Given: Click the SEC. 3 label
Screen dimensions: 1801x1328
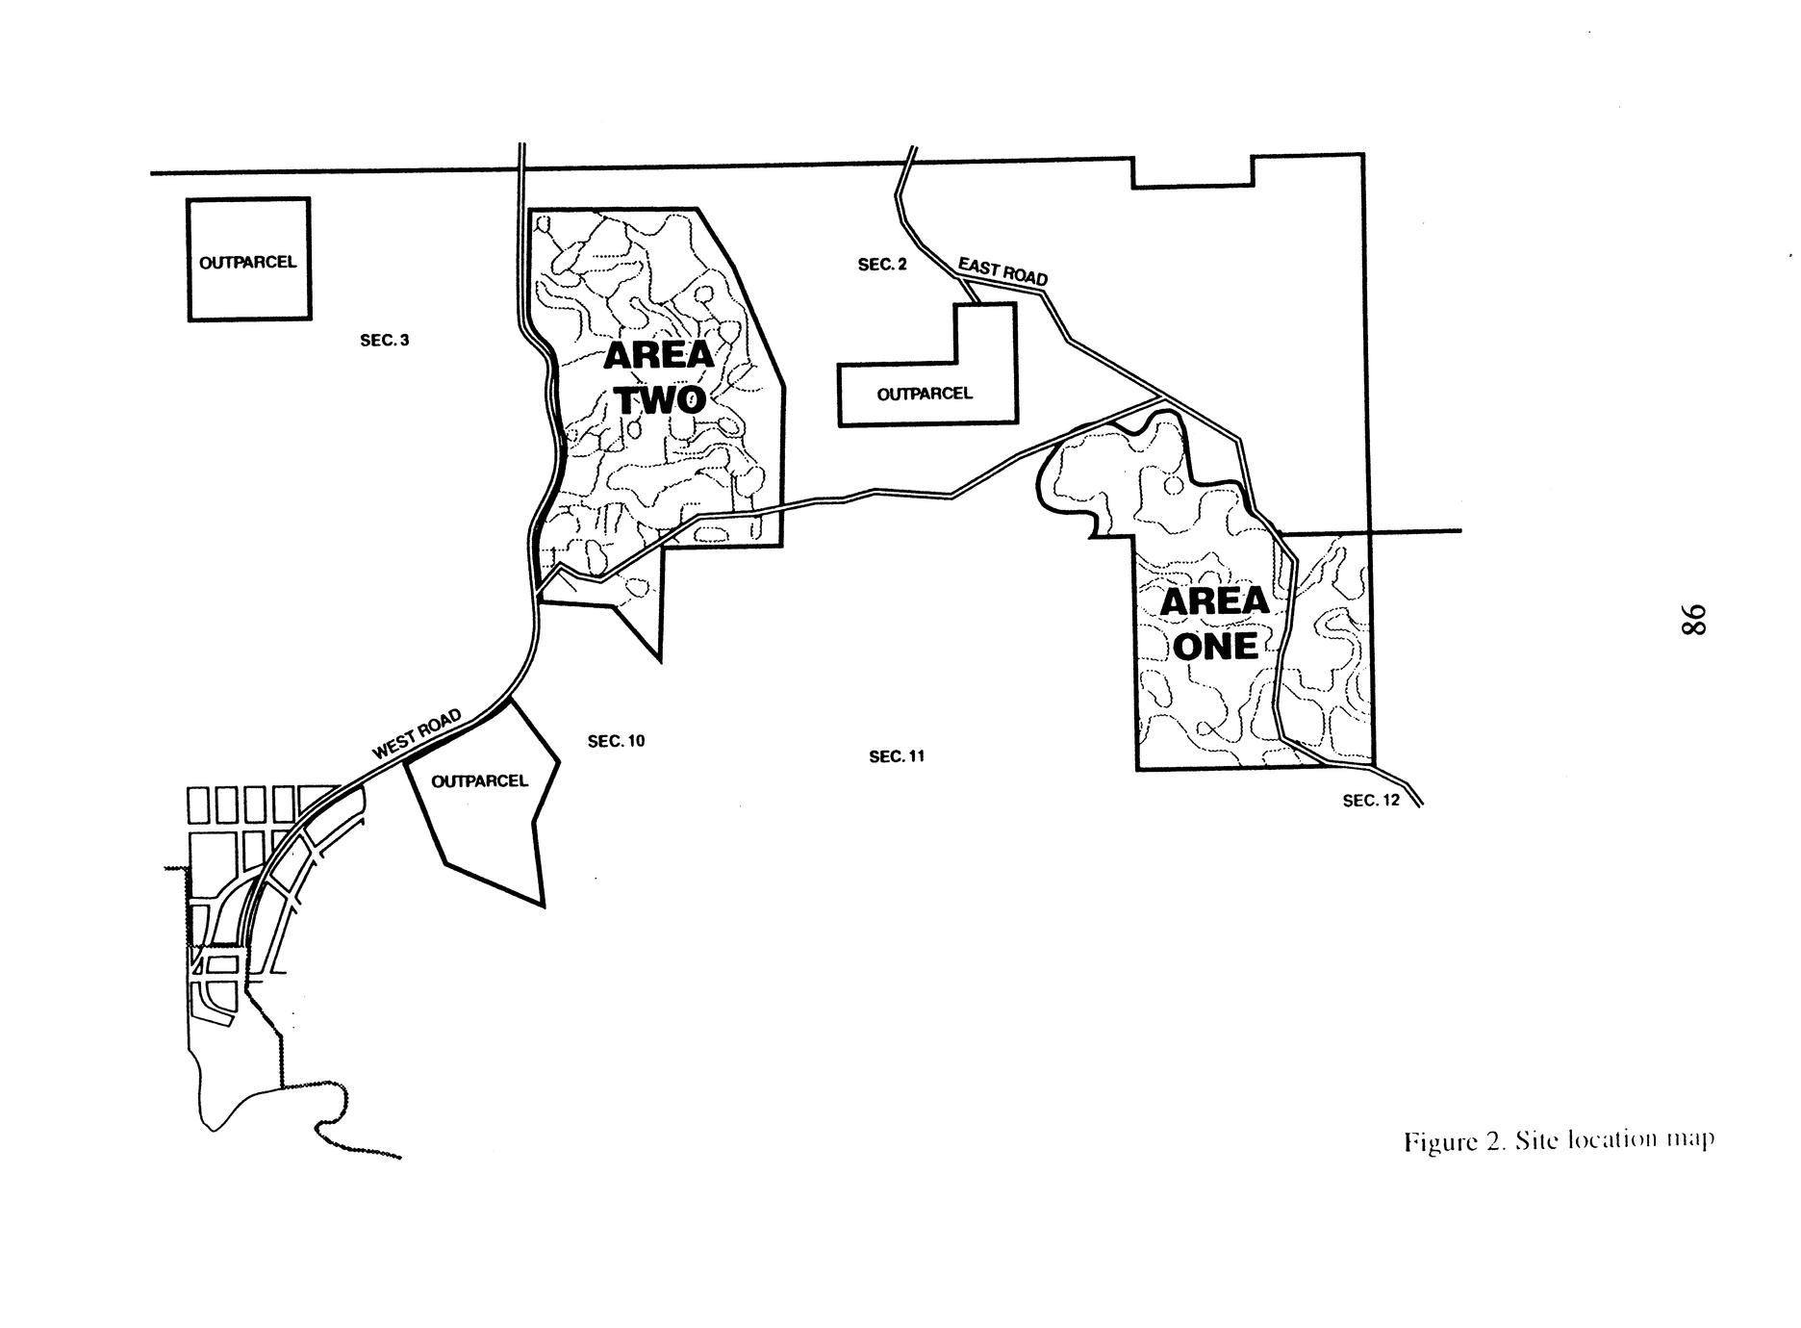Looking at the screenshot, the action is click(x=385, y=341).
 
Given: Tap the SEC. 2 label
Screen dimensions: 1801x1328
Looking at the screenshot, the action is click(x=882, y=265).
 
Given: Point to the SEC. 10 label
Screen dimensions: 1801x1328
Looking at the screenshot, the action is click(x=617, y=741).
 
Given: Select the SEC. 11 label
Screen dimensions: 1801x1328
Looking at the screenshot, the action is click(x=897, y=756).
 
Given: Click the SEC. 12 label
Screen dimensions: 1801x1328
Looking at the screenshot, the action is click(x=1372, y=801).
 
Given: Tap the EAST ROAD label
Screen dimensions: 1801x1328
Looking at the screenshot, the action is click(x=1002, y=270).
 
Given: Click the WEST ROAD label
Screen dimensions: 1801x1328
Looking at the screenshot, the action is click(x=417, y=734).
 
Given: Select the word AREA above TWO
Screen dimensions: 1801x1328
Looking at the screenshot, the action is click(x=659, y=356).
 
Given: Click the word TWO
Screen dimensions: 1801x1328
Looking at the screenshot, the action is click(x=662, y=399).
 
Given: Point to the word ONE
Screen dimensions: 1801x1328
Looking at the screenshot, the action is click(x=1216, y=646).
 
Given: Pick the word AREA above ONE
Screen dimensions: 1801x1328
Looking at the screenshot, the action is click(x=1214, y=602).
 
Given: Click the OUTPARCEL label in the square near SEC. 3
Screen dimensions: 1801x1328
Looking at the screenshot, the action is click(x=248, y=262).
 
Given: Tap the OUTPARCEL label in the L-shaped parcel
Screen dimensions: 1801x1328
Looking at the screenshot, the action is click(x=925, y=394).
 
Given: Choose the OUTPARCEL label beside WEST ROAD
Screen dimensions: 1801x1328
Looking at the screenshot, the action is click(x=480, y=780).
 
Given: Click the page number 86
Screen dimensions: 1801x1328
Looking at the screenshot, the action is click(x=1692, y=619).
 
